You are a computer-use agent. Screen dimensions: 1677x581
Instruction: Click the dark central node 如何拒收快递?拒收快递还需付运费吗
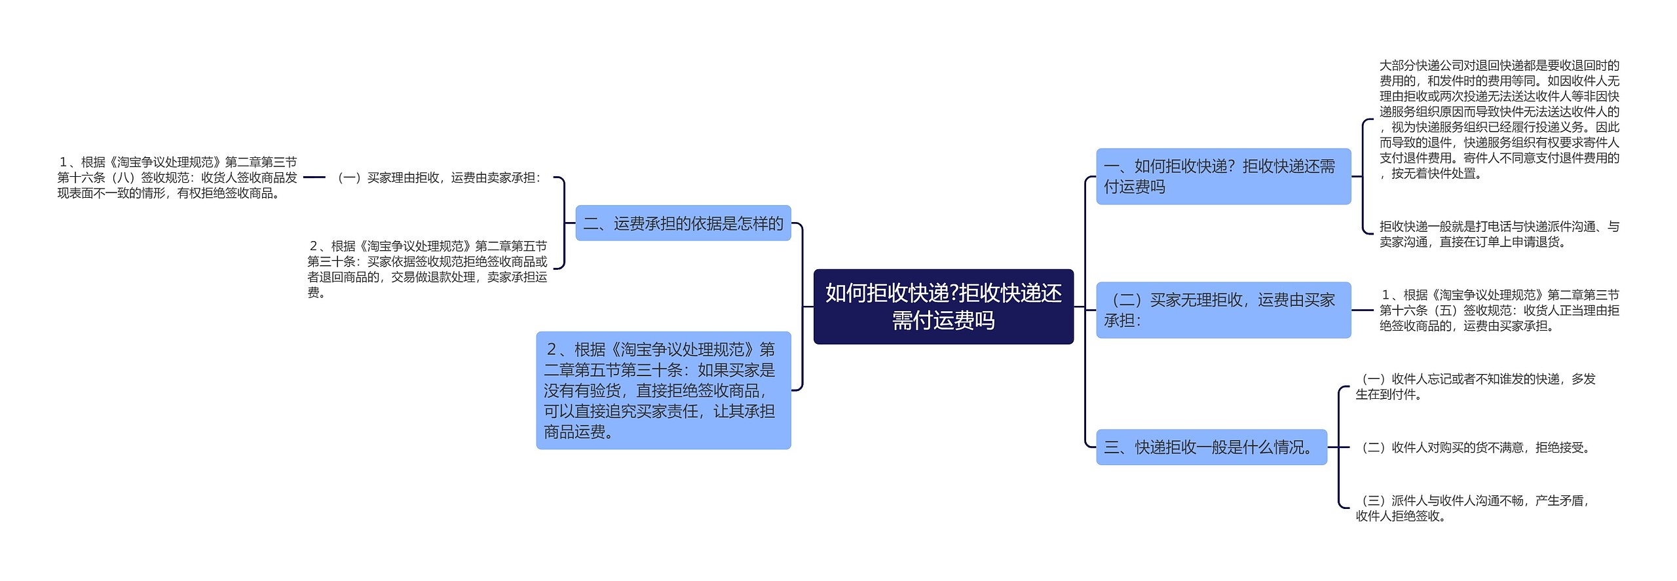(943, 307)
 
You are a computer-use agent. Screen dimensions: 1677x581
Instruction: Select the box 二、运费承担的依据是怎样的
(683, 223)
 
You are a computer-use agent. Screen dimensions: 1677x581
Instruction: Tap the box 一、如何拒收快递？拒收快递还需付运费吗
(1224, 176)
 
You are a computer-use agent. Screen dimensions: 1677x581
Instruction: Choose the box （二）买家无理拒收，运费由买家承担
(1224, 310)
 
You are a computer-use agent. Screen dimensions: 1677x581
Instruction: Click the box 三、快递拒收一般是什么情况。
(1212, 447)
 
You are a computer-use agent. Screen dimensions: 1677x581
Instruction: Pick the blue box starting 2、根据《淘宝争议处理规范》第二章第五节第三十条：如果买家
(664, 390)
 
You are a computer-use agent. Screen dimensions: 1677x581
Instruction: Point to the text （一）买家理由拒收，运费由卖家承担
(439, 178)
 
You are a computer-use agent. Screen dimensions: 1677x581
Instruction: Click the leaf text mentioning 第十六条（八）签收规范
(177, 178)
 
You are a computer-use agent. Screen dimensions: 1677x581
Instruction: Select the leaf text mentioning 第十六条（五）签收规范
(1499, 310)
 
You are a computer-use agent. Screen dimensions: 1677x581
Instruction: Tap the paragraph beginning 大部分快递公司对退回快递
(1499, 119)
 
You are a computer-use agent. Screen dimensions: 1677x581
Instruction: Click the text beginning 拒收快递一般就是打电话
(1499, 234)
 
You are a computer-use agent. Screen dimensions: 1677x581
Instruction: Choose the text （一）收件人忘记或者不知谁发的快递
(1475, 386)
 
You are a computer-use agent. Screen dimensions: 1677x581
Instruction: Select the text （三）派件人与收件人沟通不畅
(1472, 508)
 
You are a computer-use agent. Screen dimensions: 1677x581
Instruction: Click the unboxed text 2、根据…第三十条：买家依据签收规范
(427, 269)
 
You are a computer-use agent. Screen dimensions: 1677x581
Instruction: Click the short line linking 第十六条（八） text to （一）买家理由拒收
(314, 177)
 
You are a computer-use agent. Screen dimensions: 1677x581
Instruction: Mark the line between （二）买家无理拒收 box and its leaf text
(1363, 310)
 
